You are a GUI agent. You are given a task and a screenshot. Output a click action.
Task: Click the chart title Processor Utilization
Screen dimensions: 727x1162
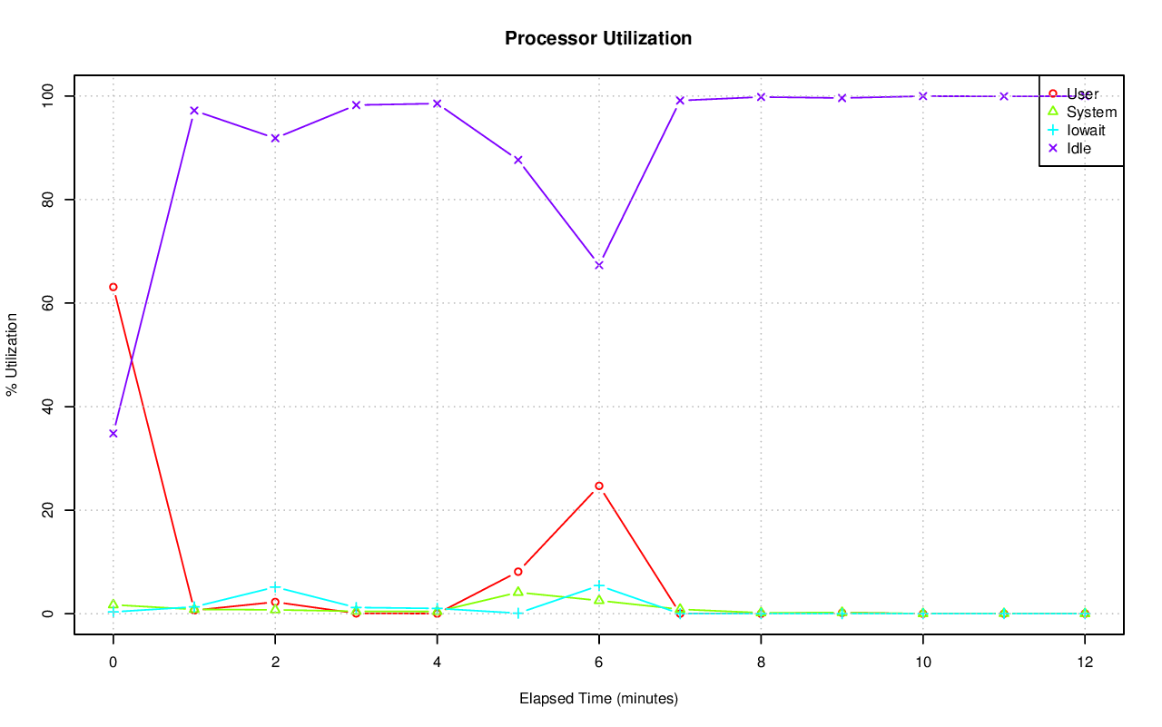598,38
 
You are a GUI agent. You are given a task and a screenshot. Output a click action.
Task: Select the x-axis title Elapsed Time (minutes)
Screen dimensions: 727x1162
598,699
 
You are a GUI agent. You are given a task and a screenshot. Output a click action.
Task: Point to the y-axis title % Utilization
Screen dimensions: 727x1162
13,354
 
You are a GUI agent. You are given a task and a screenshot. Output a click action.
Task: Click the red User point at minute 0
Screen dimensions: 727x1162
113,287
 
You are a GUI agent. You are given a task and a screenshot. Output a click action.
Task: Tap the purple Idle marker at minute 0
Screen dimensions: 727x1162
113,433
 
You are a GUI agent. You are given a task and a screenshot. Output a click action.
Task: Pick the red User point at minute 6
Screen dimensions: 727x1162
599,486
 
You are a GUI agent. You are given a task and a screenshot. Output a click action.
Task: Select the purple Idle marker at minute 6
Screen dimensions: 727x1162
599,265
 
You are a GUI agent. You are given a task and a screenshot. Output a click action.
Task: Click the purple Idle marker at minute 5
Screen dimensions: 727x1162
518,160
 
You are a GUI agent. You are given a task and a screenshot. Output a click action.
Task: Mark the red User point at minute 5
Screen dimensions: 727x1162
518,572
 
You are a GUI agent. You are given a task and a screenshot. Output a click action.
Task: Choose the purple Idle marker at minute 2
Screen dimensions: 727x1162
275,138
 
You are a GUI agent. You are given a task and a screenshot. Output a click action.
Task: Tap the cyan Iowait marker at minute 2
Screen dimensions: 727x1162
275,587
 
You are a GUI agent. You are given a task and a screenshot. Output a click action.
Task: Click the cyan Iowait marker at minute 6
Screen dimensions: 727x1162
599,585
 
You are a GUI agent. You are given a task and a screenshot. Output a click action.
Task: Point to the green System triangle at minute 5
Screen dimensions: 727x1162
518,592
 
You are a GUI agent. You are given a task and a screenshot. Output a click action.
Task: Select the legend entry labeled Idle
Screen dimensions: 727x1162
1079,148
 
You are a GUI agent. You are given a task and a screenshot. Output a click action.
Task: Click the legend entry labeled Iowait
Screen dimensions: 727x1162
1086,130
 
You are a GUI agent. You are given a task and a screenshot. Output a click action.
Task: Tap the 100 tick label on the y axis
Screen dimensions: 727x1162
53,95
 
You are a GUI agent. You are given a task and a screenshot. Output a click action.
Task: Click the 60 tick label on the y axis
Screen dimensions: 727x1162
53,303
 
